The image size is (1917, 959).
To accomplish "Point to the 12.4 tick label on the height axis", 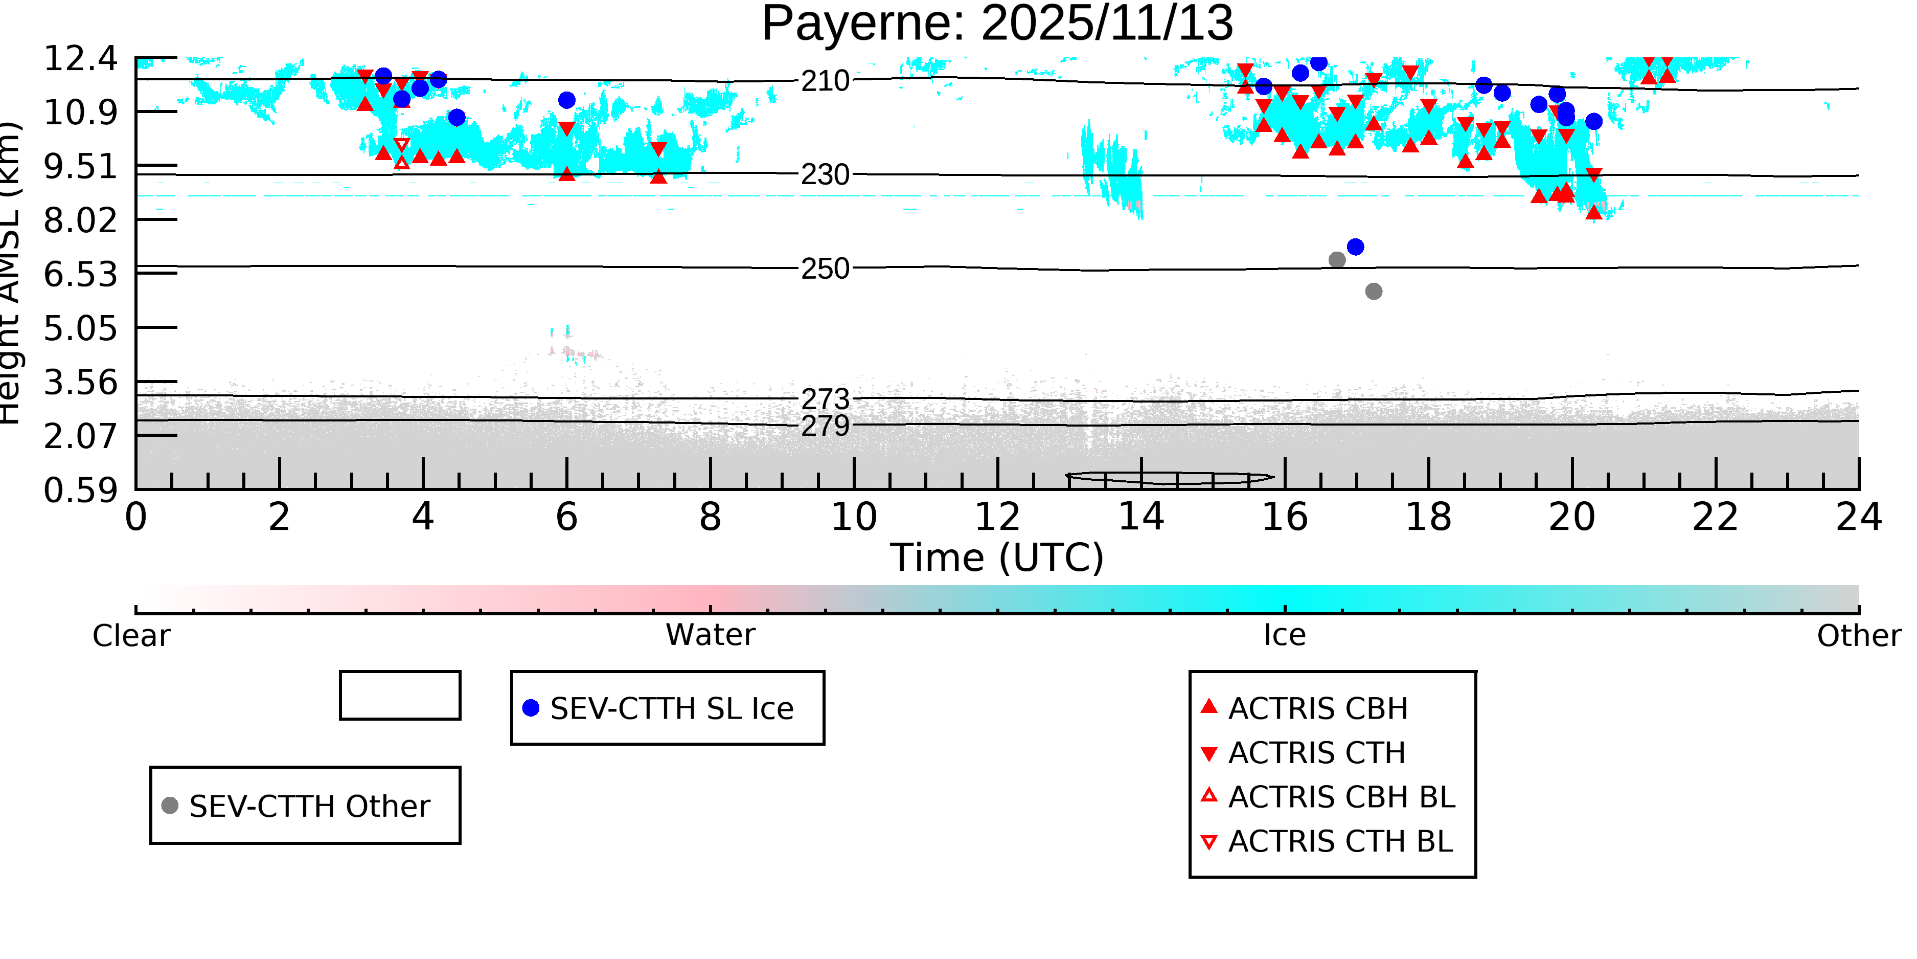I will pyautogui.click(x=80, y=59).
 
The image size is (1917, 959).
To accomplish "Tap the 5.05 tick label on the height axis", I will pyautogui.click(x=80, y=328).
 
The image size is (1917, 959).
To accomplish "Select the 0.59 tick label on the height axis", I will pyautogui.click(x=80, y=490).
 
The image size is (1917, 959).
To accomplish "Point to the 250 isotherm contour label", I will pyautogui.click(x=825, y=269).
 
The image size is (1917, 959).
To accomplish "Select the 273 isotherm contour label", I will pyautogui.click(x=825, y=399).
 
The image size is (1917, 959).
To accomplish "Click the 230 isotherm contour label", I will pyautogui.click(x=825, y=175).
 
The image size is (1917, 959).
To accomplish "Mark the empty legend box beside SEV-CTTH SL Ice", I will pyautogui.click(x=400, y=696).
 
